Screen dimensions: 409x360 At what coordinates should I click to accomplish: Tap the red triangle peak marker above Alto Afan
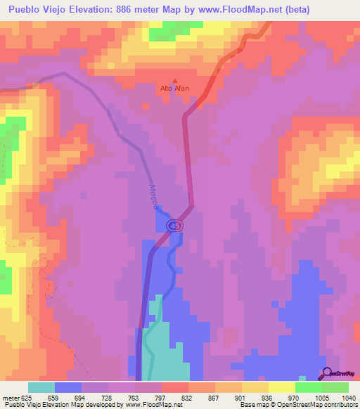175,80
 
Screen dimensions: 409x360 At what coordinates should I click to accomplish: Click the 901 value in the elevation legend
229,397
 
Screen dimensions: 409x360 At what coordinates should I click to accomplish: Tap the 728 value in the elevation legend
95,397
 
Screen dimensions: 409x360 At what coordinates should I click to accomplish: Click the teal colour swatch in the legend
41,387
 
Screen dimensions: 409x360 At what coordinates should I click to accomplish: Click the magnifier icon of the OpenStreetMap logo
326,374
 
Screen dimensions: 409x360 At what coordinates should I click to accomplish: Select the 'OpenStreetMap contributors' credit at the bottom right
318,405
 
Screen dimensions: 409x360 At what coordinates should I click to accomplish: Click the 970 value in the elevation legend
282,397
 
